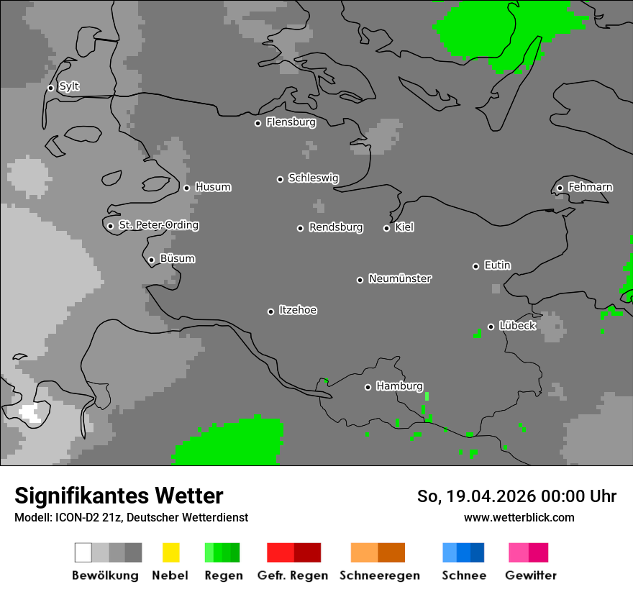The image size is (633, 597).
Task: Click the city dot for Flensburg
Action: pyautogui.click(x=258, y=123)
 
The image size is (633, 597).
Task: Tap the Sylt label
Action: pyautogui.click(x=69, y=87)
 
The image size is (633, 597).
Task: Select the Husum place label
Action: pyautogui.click(x=213, y=187)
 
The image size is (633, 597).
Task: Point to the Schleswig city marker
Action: pyautogui.click(x=280, y=179)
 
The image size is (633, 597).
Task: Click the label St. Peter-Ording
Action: pyautogui.click(x=158, y=225)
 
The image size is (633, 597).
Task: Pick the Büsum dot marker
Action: pyautogui.click(x=151, y=260)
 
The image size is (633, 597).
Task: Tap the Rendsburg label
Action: pyautogui.click(x=336, y=227)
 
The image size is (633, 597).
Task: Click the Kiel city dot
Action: pyautogui.click(x=386, y=228)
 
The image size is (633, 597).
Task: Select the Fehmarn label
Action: pyautogui.click(x=590, y=187)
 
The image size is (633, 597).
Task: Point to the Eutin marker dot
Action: pyautogui.click(x=475, y=266)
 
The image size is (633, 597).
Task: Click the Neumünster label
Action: pyautogui.click(x=400, y=278)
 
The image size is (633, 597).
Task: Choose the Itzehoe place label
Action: pyautogui.click(x=298, y=310)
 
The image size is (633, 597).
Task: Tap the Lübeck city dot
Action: pyautogui.click(x=491, y=327)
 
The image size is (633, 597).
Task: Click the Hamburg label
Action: pyautogui.click(x=399, y=386)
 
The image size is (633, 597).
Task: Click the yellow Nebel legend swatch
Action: pyautogui.click(x=170, y=552)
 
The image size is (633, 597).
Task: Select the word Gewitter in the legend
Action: pyautogui.click(x=531, y=575)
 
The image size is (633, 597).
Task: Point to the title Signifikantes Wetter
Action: pyautogui.click(x=119, y=496)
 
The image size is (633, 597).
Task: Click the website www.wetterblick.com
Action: pyautogui.click(x=519, y=517)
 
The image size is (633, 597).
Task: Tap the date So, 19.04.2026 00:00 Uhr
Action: pyautogui.click(x=516, y=496)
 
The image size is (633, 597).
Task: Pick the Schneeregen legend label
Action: pyautogui.click(x=380, y=575)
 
